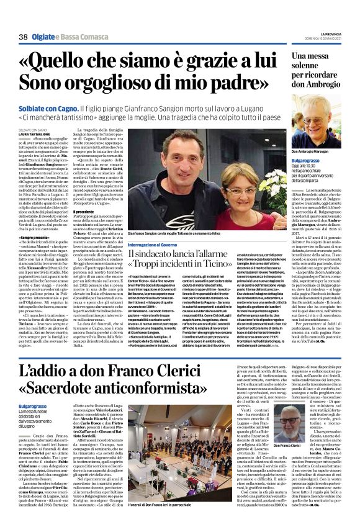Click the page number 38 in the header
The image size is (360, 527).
[x=23, y=37]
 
